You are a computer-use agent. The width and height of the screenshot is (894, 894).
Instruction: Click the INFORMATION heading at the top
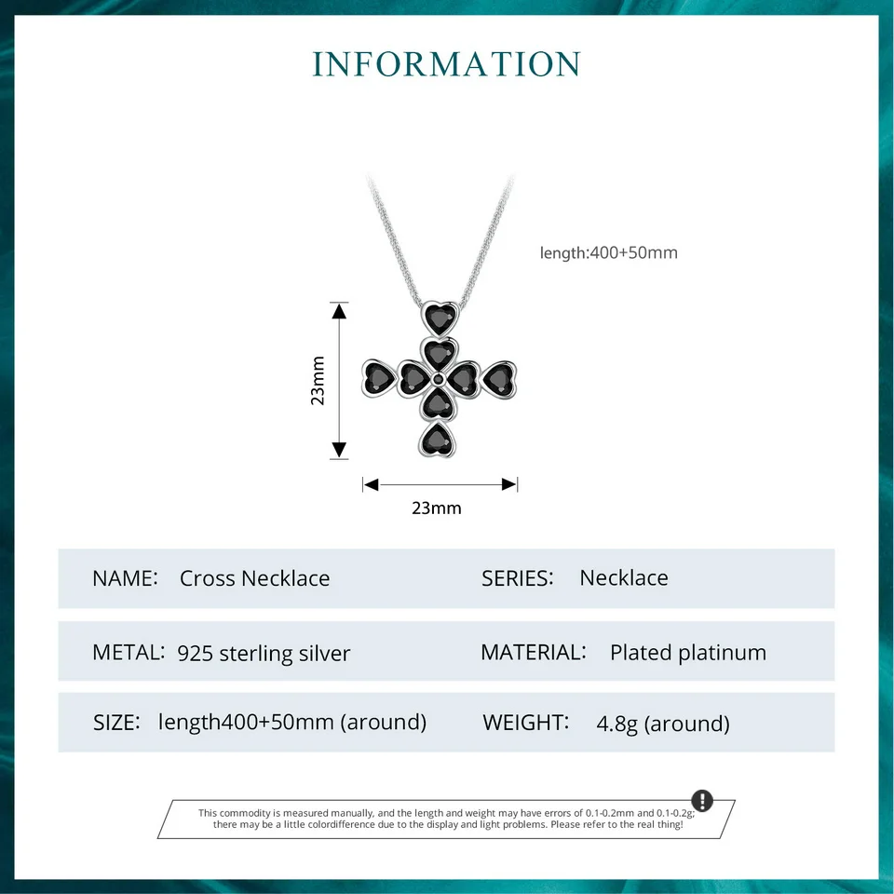pos(447,64)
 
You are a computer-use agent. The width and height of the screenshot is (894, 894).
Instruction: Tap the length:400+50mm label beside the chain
pos(609,252)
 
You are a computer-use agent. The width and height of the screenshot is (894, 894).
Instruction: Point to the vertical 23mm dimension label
pos(318,380)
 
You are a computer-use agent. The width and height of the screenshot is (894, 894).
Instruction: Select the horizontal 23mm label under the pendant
pos(436,508)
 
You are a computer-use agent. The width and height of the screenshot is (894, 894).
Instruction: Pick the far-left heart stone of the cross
pos(379,378)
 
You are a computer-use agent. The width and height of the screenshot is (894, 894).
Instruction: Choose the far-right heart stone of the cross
pos(498,378)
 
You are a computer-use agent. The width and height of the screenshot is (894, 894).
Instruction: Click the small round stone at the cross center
pos(439,378)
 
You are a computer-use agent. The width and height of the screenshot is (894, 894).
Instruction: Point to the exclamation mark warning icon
pos(702,801)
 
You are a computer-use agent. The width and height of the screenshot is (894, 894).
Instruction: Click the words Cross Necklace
pos(254,578)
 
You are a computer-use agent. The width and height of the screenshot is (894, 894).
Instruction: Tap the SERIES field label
pos(518,577)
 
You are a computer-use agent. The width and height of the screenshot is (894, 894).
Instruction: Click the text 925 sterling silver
pos(264,653)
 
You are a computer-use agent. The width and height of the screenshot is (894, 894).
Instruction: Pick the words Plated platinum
pos(688,653)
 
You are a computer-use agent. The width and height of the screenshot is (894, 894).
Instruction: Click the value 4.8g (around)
pos(663,724)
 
